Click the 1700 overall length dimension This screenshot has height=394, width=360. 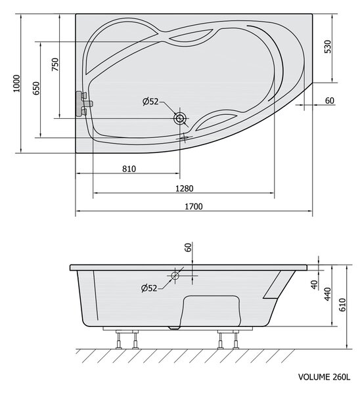(x=194, y=206)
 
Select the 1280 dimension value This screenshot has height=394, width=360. (x=185, y=188)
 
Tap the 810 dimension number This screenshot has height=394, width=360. (x=129, y=169)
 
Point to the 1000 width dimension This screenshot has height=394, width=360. (x=16, y=83)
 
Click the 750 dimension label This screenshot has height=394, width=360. (x=55, y=64)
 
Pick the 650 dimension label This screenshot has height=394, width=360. (x=36, y=88)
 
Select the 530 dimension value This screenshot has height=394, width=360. (x=328, y=47)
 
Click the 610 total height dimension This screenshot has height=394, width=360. (x=342, y=305)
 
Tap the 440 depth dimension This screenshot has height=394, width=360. (x=328, y=294)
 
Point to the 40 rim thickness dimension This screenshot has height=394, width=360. (x=314, y=284)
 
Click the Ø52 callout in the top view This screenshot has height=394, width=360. (x=150, y=102)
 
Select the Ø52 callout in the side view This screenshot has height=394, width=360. (x=149, y=288)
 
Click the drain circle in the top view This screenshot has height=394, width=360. (x=180, y=118)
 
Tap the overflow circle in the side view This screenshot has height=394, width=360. (x=175, y=276)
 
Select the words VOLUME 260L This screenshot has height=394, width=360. (x=324, y=377)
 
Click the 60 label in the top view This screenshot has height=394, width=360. (x=330, y=100)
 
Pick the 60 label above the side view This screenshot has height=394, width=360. (x=188, y=248)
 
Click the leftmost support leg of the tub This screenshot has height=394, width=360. (x=119, y=339)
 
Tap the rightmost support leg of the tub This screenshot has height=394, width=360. (x=236, y=339)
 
